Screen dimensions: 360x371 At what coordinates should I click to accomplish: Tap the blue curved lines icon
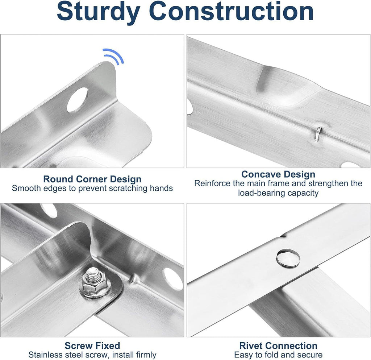coord(113,57)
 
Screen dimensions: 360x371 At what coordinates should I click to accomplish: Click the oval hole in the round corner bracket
coord(78,99)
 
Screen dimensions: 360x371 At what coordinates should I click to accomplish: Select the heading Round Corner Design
coord(92,179)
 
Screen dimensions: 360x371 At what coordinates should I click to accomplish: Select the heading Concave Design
coord(278,174)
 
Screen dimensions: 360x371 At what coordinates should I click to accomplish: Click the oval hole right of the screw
coord(173,278)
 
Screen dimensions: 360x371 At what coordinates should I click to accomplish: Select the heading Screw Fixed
coord(92,345)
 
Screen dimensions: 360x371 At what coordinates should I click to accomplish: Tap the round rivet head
coord(288,258)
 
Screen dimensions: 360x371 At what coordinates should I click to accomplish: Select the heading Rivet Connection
coord(278,345)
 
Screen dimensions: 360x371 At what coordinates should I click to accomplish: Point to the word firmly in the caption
coord(145,355)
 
